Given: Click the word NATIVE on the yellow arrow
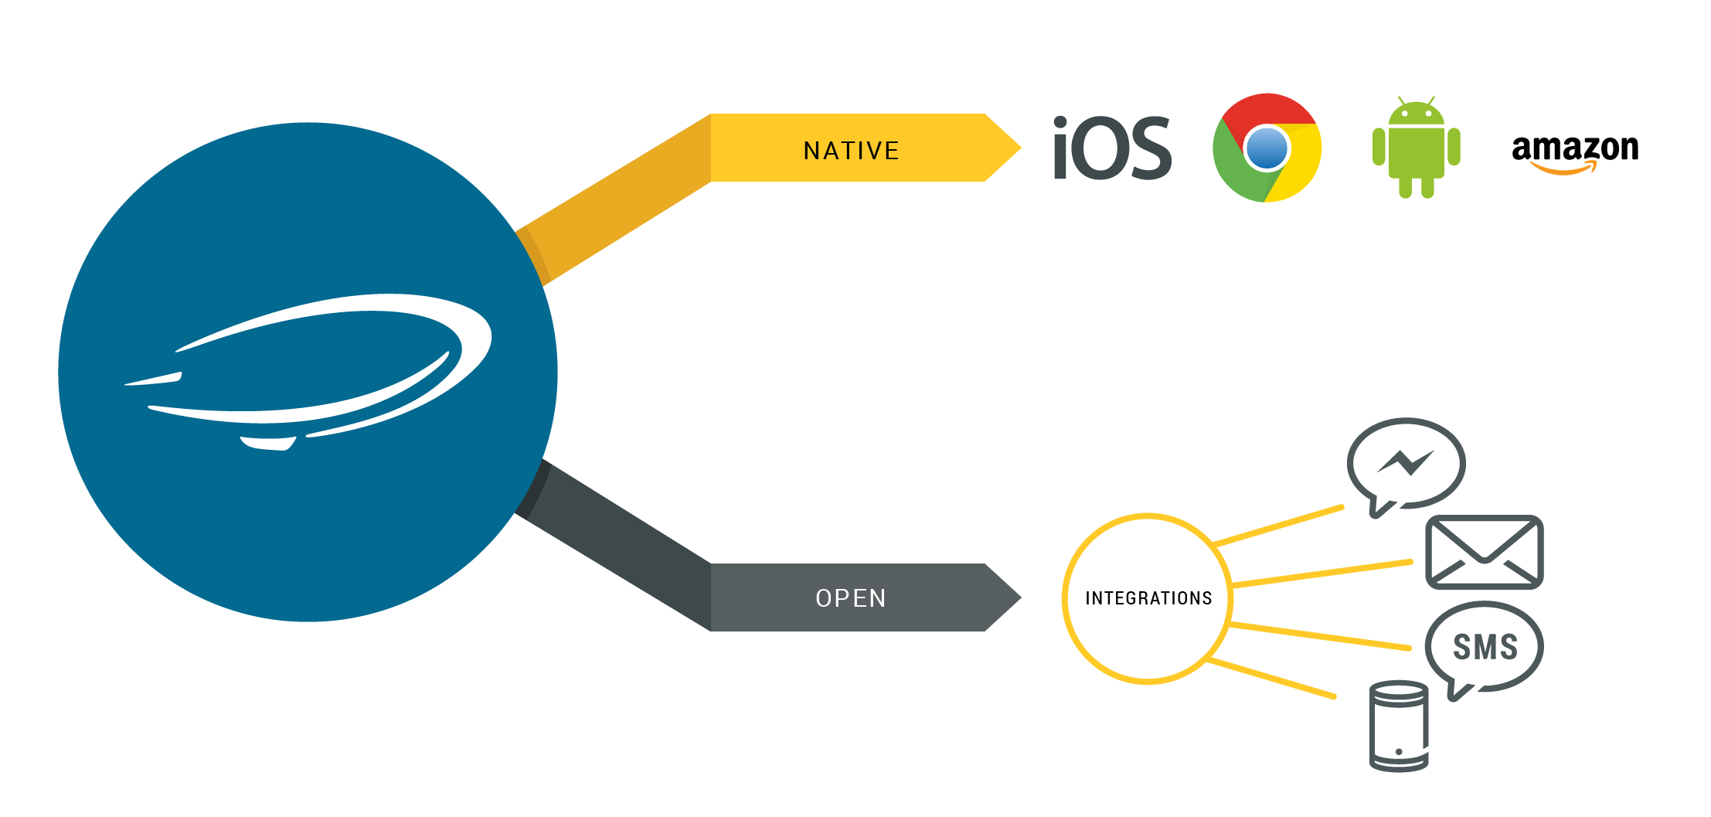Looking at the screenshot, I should [x=851, y=151].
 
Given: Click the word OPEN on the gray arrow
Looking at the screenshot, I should [x=851, y=598].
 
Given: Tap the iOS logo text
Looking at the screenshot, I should [x=1112, y=148].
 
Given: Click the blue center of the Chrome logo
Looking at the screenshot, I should [x=1267, y=148].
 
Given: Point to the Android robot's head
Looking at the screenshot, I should [x=1416, y=114].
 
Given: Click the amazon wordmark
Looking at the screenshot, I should [x=1575, y=147].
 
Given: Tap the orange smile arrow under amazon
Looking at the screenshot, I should [x=1563, y=169].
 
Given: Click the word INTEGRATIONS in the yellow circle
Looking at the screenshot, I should [x=1148, y=598].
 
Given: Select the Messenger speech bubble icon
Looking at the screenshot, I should [x=1406, y=464].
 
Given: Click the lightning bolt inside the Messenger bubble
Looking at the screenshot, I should [x=1407, y=463].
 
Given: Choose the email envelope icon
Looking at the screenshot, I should [x=1484, y=552].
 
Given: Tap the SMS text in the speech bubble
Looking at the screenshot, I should [x=1485, y=647].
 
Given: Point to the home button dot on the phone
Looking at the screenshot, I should [x=1399, y=751].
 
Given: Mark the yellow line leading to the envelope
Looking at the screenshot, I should [x=1322, y=573].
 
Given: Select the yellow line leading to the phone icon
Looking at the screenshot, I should [x=1271, y=679].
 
